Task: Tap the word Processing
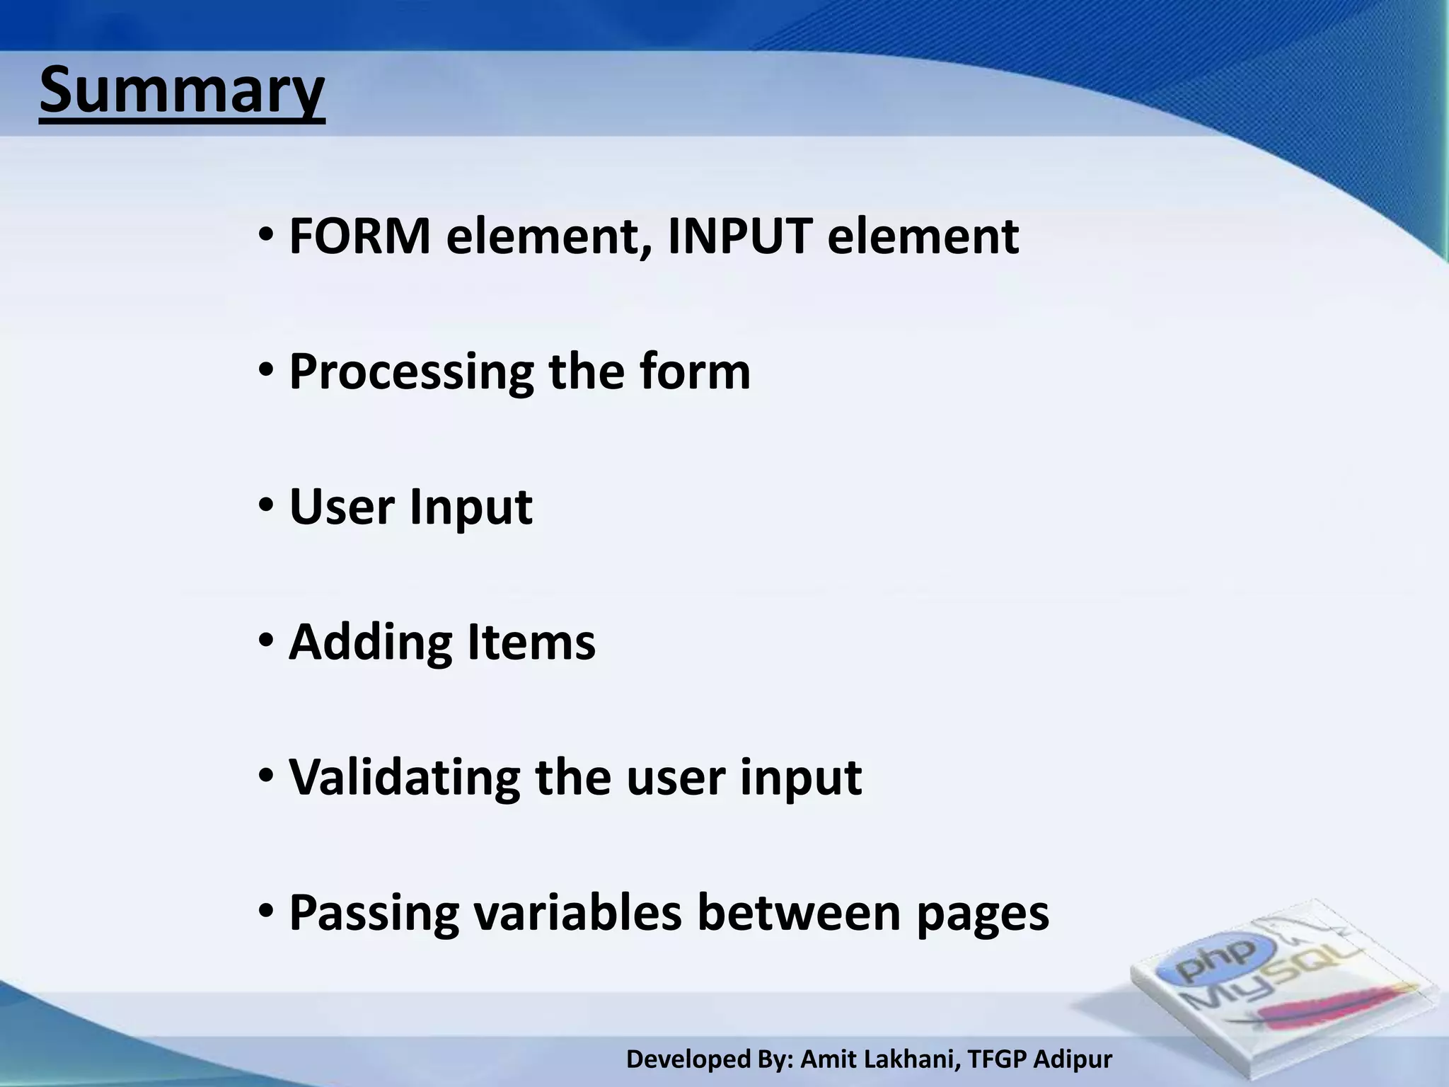click(x=411, y=373)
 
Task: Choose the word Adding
click(x=370, y=643)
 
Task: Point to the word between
click(x=799, y=912)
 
